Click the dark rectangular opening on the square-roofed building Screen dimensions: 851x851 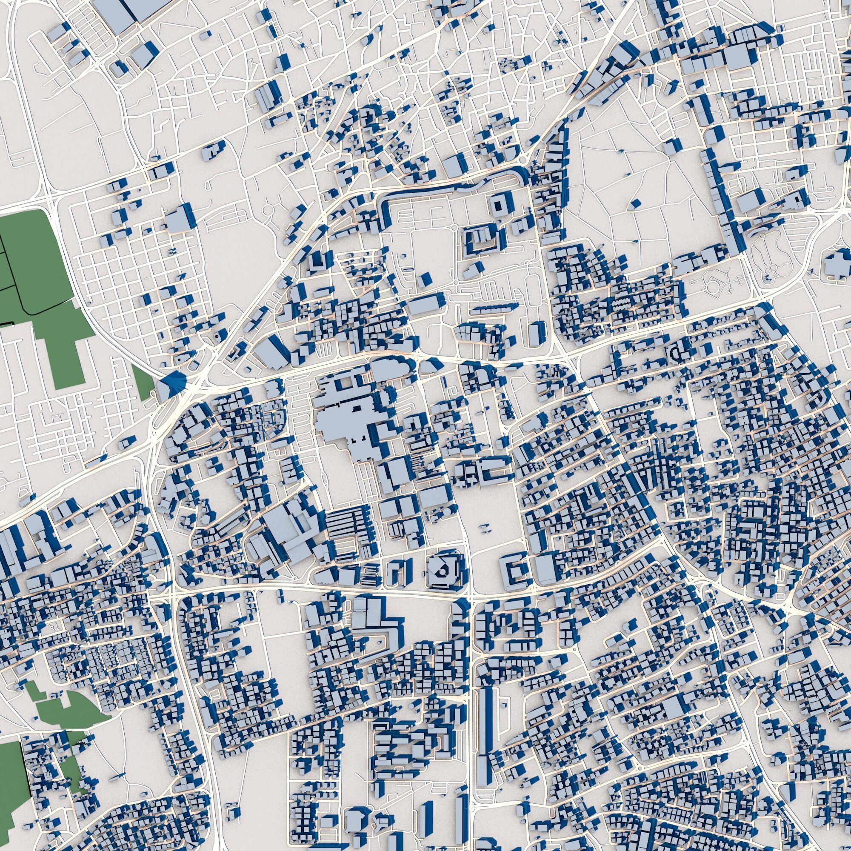tap(500, 204)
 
